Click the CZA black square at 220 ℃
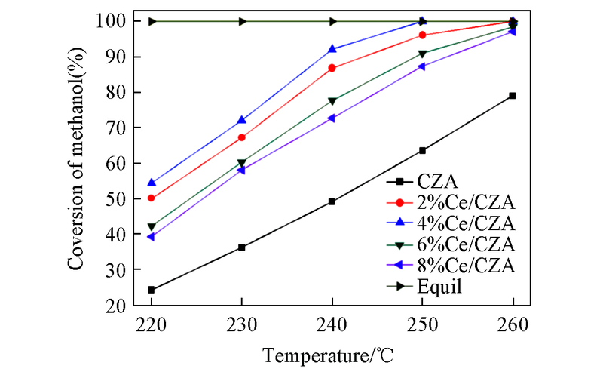tap(152, 290)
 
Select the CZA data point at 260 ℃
tap(513, 96)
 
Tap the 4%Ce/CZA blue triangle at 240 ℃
tap(332, 49)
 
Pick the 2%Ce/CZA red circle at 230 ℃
tap(242, 137)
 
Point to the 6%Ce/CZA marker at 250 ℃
tap(422, 54)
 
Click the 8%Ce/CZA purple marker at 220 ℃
tap(152, 237)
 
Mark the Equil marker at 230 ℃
tap(242, 21)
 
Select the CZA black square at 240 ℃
tap(332, 201)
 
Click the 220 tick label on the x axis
tap(152, 324)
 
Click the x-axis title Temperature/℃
tap(332, 354)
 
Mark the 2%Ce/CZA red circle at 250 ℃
tap(422, 35)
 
